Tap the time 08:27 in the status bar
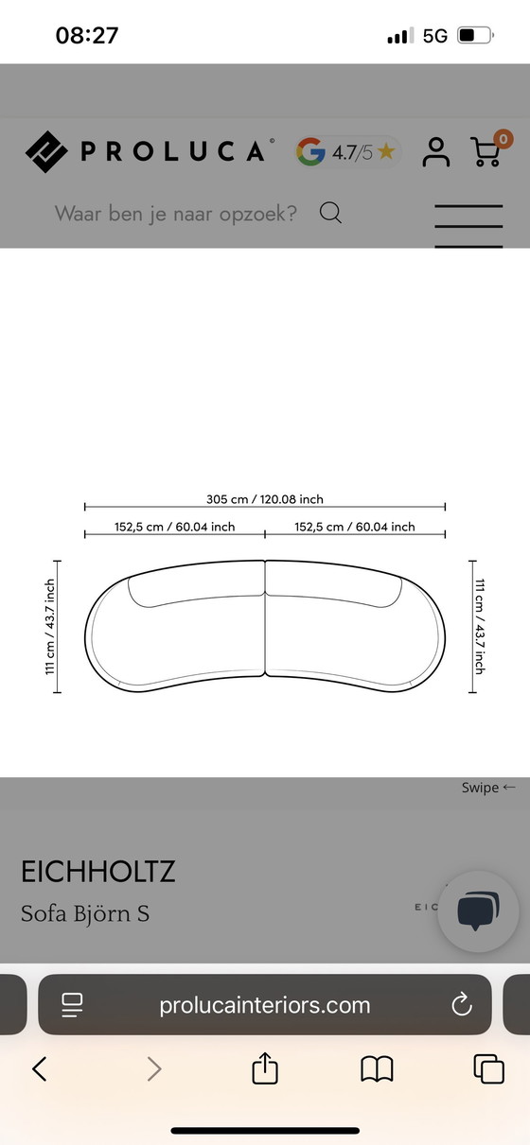[87, 36]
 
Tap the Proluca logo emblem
[46, 151]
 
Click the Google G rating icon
[310, 151]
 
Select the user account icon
[436, 151]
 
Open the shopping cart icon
[486, 151]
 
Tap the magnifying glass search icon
[330, 213]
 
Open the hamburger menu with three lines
[468, 225]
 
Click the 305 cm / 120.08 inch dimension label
[265, 499]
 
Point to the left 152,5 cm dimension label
[175, 527]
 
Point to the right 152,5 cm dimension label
[355, 527]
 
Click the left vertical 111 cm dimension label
[50, 627]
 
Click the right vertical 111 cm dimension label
[479, 627]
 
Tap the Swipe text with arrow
[488, 788]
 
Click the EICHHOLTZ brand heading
[98, 871]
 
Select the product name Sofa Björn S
[85, 913]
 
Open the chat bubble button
[478, 911]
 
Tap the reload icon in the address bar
[462, 1004]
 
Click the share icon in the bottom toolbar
[265, 1069]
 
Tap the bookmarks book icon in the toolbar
[377, 1069]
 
